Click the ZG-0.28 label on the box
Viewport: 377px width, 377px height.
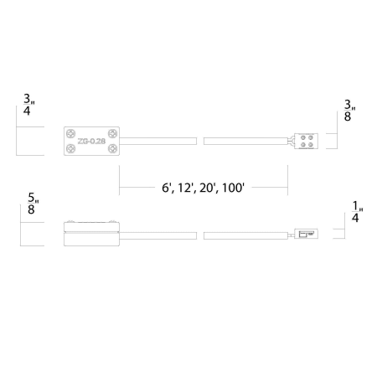(91, 142)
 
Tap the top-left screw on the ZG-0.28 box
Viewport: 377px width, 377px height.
(71, 133)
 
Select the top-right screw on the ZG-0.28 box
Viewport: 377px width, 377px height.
(112, 133)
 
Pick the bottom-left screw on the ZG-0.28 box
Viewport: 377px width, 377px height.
(71, 148)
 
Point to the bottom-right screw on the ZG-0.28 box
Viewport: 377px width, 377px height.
(112, 148)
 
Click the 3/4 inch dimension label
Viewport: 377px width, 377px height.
(28, 105)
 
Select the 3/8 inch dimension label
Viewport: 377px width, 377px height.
(349, 111)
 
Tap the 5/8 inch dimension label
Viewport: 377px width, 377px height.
(33, 204)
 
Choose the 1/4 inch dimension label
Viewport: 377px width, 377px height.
(357, 212)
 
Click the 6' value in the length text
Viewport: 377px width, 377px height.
(166, 188)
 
